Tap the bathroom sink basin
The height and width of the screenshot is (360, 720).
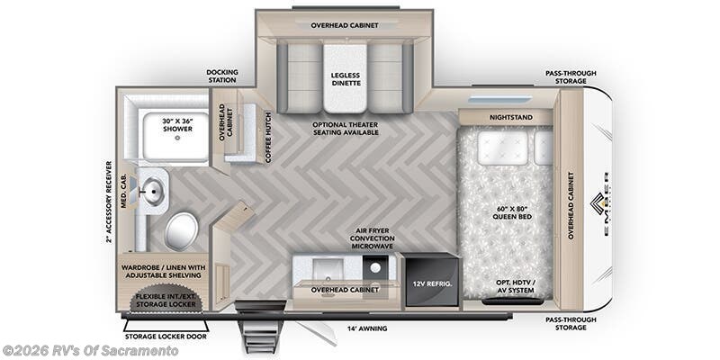click(154, 190)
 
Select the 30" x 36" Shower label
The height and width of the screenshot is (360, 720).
click(178, 126)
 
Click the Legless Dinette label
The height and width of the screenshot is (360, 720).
click(345, 77)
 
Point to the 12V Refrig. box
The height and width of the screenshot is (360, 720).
click(430, 283)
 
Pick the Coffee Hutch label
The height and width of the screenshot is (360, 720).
click(267, 136)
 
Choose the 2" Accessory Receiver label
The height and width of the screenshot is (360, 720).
click(109, 202)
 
